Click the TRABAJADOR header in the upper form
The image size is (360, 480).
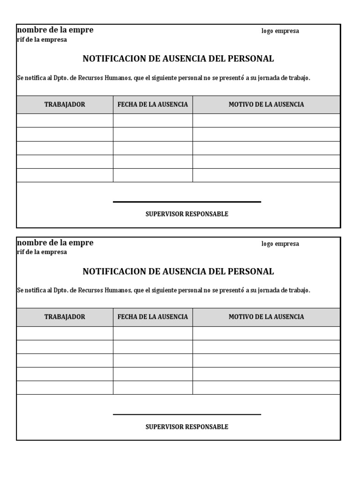[65, 105]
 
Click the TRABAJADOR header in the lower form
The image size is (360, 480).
[65, 317]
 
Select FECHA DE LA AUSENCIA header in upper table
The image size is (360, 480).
[152, 105]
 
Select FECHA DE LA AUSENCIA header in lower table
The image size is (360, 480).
[152, 317]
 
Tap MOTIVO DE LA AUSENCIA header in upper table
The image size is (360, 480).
[266, 105]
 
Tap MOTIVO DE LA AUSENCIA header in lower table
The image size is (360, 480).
[266, 317]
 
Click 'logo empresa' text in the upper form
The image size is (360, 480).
[280, 31]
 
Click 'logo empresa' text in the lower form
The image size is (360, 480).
[280, 244]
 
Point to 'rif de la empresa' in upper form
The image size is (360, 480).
[42, 40]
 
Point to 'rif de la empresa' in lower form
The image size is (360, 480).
[42, 252]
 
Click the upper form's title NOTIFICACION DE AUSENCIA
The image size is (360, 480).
[178, 59]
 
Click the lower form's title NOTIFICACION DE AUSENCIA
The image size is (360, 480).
[178, 271]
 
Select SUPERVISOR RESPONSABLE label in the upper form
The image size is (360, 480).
[187, 214]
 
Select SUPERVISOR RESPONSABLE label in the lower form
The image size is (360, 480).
[187, 427]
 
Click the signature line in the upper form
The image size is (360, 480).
[187, 202]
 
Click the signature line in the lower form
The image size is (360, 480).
[187, 414]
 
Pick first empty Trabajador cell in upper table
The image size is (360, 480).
[65, 120]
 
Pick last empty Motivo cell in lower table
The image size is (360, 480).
[266, 388]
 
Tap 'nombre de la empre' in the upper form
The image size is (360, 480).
[55, 30]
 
